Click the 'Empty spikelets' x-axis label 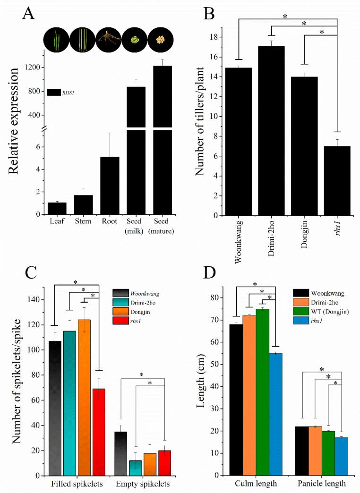click(x=143, y=484)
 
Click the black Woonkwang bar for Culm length click(x=236, y=399)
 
